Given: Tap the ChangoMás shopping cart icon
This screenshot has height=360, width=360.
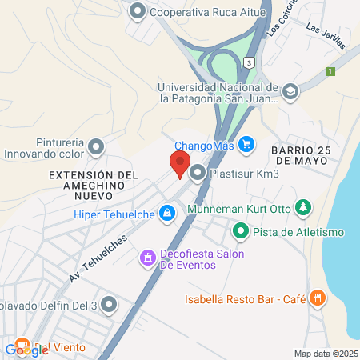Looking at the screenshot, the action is pos(247,145).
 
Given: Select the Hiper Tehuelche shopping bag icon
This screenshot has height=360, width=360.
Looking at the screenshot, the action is pos(167,214).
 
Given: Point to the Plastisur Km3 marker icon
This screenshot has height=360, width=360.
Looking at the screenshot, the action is pos(197,172).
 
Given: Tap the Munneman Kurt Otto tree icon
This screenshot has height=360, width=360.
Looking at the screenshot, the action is pos(302,209).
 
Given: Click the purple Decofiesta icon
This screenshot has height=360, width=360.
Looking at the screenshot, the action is pos(147,258).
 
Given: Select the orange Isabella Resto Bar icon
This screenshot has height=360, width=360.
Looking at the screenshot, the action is pos(318,298).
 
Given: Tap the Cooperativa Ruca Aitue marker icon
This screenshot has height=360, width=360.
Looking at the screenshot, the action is pos(138,11).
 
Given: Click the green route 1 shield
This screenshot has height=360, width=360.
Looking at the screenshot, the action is pos(329,71).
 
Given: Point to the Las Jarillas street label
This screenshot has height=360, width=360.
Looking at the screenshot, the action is pos(327,38).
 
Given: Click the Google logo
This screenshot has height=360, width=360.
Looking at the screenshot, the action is pos(26,349).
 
